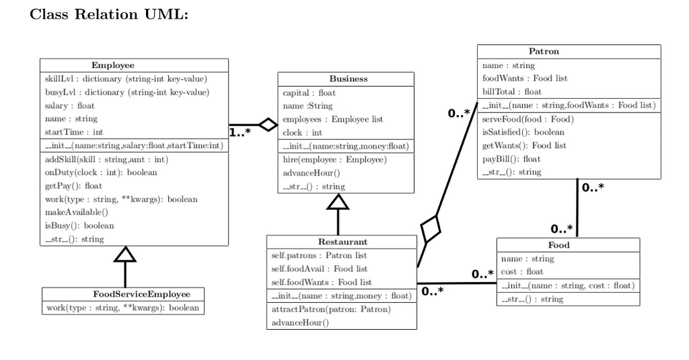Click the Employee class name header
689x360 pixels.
(113, 65)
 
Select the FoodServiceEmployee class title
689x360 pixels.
(123, 294)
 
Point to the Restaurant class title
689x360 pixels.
(342, 242)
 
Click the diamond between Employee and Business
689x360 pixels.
(268, 124)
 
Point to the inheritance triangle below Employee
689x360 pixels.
(125, 254)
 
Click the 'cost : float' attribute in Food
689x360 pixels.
(522, 272)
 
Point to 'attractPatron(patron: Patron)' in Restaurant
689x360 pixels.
(330, 310)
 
